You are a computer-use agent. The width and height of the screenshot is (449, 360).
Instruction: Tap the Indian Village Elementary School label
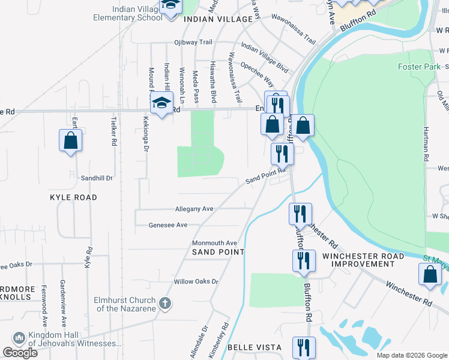(127, 13)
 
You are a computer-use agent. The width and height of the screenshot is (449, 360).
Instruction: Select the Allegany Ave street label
(194, 209)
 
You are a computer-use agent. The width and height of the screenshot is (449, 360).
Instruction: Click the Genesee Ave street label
(168, 225)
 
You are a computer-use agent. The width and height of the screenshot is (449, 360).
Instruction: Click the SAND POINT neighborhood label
(218, 252)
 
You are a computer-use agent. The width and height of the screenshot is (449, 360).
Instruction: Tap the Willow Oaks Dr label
(196, 281)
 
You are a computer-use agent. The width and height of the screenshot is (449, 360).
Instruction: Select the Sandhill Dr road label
(97, 179)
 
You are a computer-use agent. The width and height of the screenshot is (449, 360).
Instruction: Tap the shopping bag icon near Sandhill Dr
(71, 140)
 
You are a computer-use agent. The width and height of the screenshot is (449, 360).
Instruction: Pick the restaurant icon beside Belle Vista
(304, 347)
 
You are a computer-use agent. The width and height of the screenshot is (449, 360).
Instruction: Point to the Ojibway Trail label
(193, 42)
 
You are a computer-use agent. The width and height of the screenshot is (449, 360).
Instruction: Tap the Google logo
(20, 353)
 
